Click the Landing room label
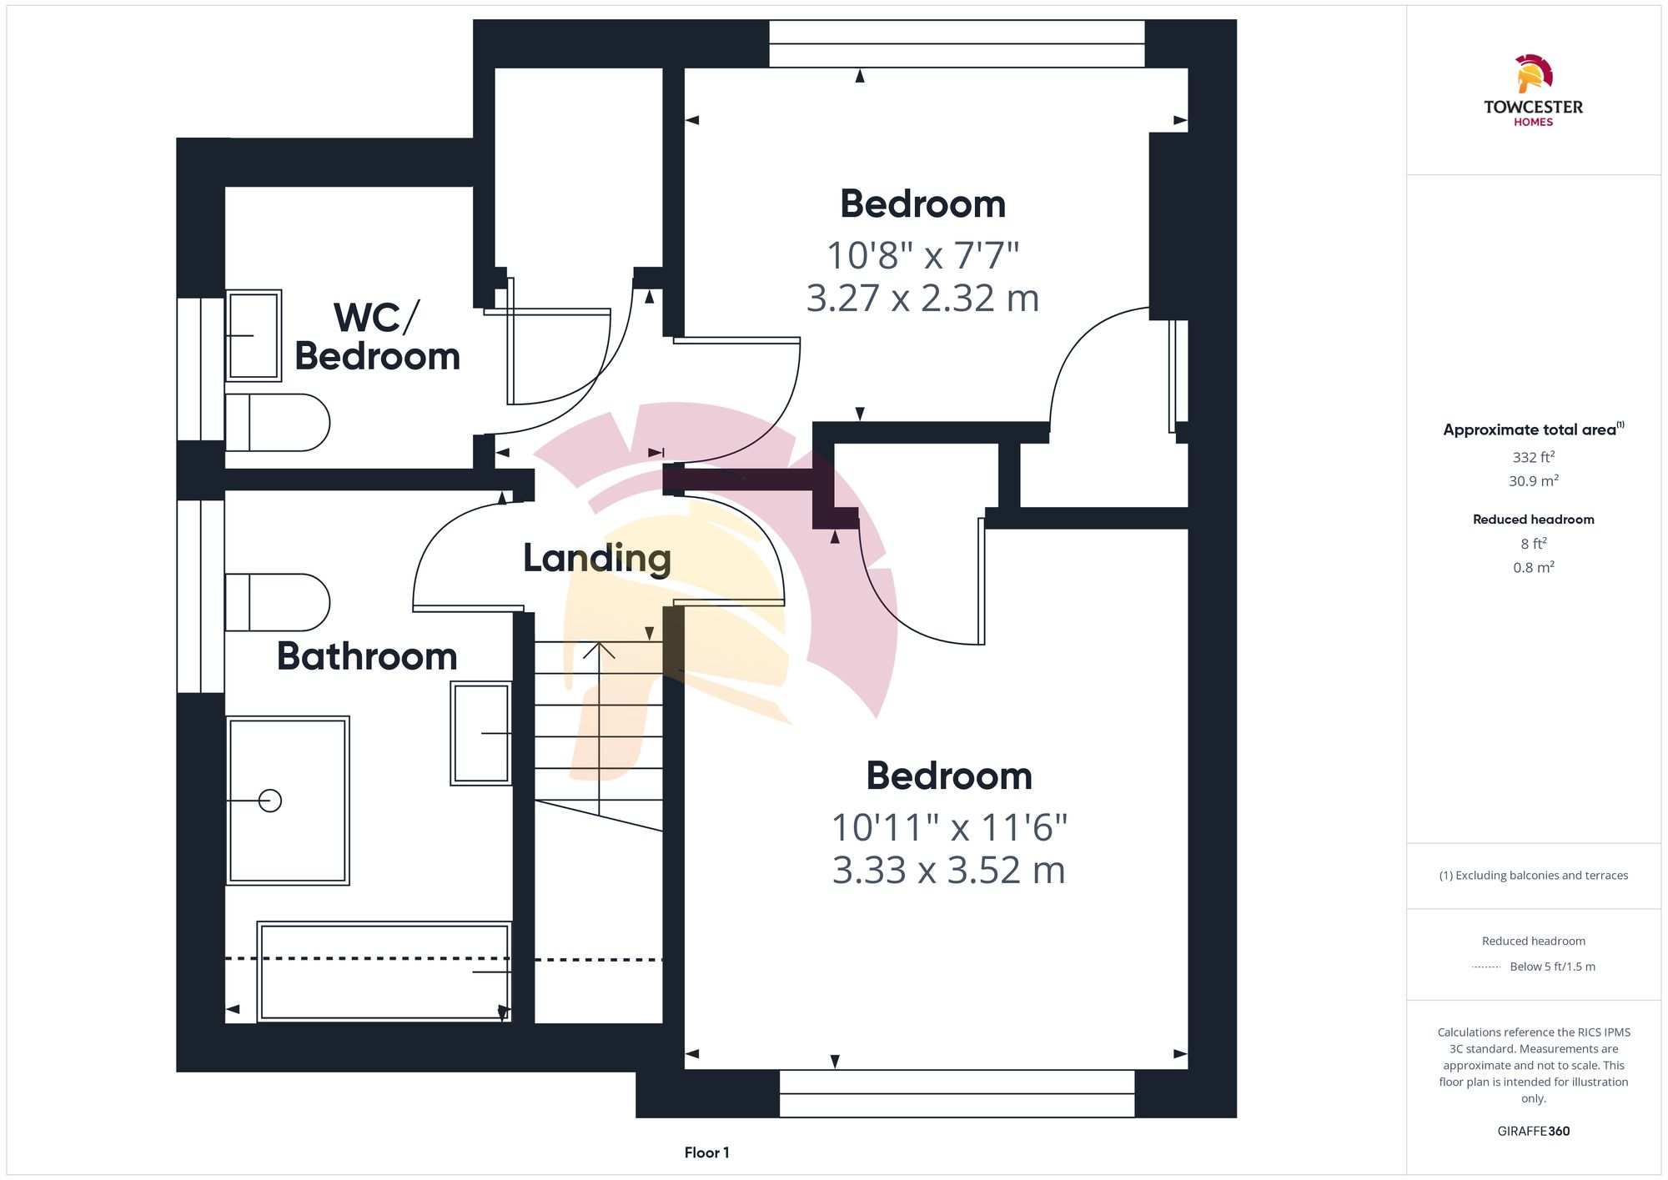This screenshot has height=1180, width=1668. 596,558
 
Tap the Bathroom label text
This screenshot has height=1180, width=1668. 367,656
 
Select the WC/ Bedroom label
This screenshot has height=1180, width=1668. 377,337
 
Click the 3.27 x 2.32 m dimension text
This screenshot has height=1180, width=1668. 922,299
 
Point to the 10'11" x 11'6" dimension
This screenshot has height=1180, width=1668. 949,827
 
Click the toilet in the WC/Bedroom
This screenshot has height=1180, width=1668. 278,423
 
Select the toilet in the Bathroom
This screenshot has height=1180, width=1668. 278,602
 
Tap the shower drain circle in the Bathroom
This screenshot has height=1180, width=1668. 269,801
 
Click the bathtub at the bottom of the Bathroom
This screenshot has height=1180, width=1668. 384,972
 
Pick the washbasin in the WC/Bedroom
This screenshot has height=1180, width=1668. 254,335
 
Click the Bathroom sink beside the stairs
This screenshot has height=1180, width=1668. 481,733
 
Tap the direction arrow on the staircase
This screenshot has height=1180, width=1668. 599,650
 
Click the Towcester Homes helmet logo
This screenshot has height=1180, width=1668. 1533,73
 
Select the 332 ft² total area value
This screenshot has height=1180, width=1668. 1533,457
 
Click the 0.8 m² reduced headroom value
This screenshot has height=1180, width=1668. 1533,567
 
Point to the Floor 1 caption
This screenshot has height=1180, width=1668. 706,1152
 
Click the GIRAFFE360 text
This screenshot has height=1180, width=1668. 1533,1131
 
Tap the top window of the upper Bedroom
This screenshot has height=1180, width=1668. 957,43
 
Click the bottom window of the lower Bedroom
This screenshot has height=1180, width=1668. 957,1093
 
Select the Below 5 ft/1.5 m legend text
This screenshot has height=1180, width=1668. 1552,967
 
